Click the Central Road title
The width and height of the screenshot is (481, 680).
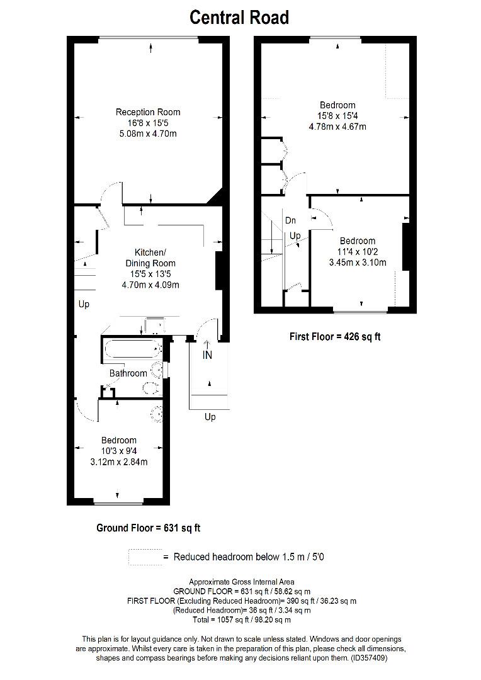point(239,18)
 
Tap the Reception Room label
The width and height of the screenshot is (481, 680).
point(148,112)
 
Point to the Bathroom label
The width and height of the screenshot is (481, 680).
point(128,373)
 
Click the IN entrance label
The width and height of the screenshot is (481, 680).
point(207,355)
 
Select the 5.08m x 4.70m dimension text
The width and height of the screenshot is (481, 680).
point(148,134)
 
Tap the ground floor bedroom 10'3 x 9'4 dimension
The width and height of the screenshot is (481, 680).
point(118,451)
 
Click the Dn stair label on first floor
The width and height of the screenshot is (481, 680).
point(290,220)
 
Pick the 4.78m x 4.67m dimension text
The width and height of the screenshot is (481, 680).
point(337,127)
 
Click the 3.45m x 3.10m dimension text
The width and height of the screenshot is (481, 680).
point(358,263)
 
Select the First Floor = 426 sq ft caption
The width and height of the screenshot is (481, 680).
point(335,337)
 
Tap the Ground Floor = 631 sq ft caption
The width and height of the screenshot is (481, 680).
point(148,528)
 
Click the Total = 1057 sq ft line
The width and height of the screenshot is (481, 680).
point(242,620)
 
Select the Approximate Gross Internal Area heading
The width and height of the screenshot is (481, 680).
point(242,582)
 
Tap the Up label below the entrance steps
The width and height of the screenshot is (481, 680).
point(210,417)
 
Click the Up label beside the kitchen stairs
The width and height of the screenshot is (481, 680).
point(84,304)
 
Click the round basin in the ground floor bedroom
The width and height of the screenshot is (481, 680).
point(157,412)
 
